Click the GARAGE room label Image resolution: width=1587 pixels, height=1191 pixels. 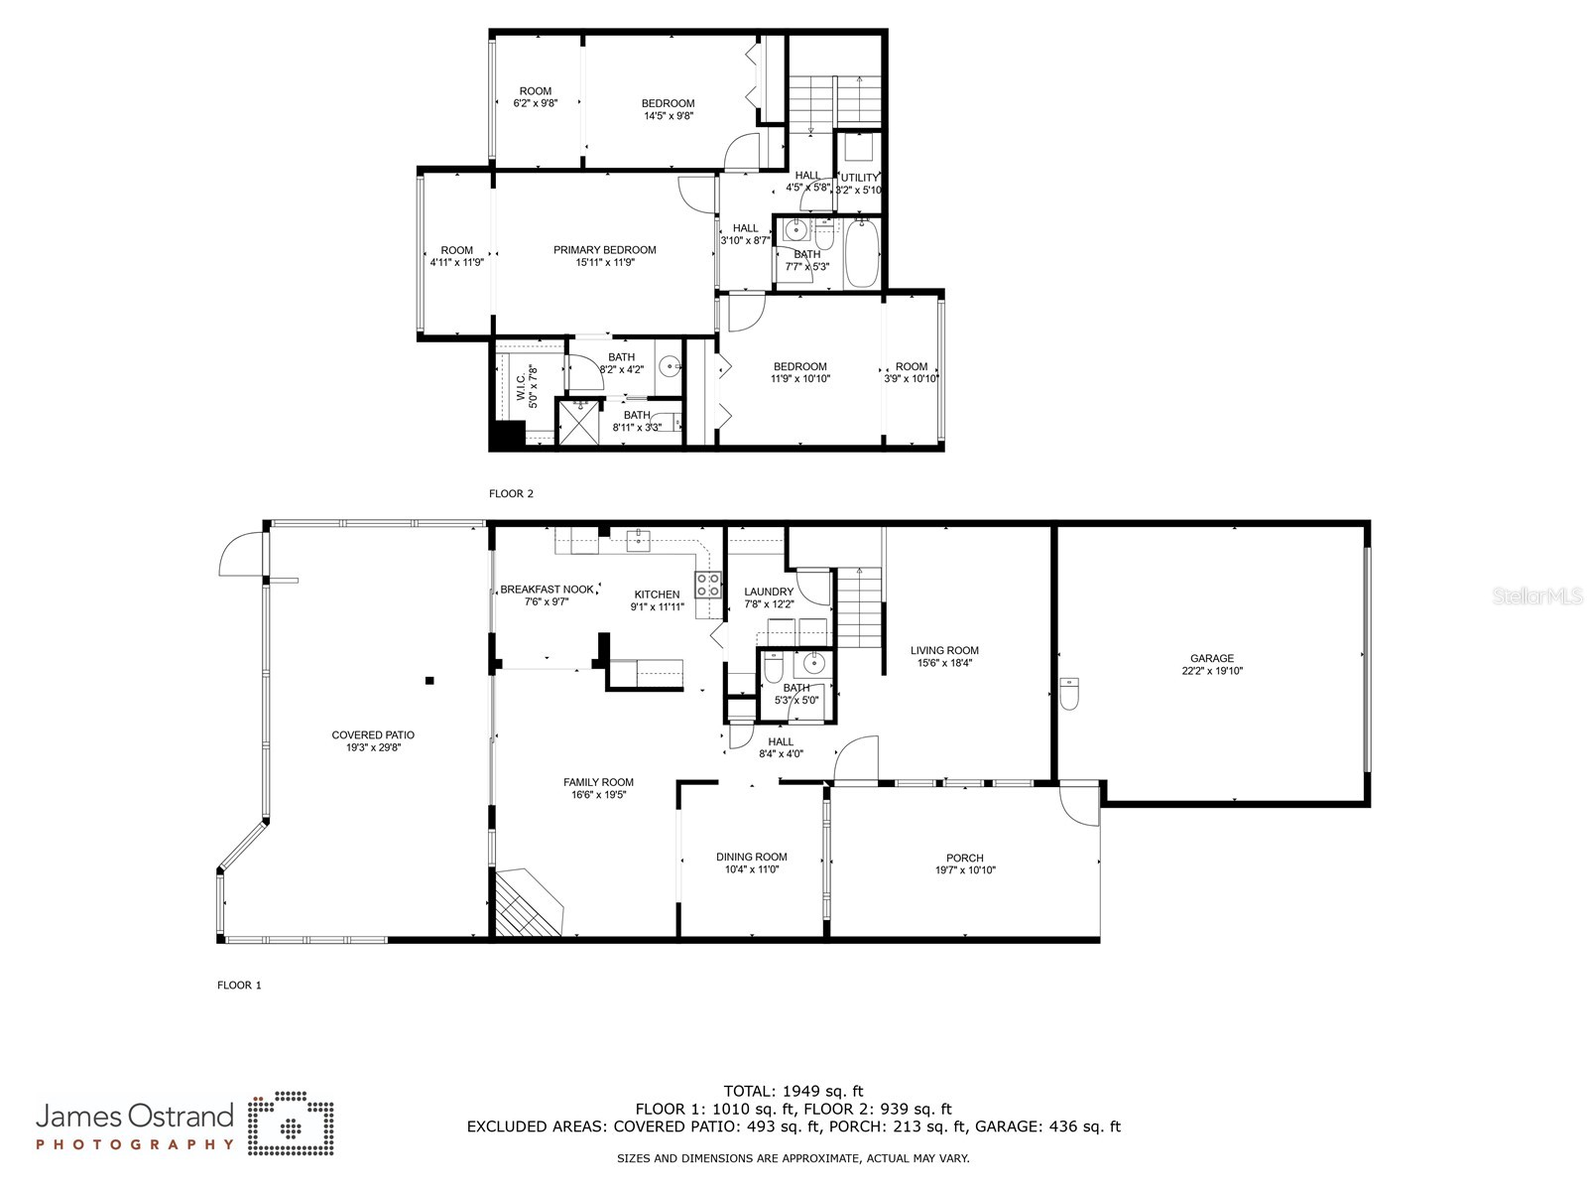[1211, 658]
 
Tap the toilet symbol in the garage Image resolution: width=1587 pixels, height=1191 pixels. [1068, 694]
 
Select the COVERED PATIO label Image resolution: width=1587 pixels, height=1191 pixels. [373, 735]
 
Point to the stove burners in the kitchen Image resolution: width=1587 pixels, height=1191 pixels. [708, 585]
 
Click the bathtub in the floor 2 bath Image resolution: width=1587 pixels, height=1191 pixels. [861, 254]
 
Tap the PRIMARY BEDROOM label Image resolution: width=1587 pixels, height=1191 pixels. [604, 250]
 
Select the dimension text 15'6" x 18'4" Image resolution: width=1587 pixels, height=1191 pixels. [943, 664]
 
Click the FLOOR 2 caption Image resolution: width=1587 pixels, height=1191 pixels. [511, 493]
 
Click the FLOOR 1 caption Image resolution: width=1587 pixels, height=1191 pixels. [239, 986]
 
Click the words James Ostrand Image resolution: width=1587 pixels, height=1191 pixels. [135, 1117]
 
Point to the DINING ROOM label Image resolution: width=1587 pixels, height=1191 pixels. [751, 857]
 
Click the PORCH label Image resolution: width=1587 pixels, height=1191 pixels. [964, 858]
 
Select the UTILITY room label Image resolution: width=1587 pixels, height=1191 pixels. [859, 179]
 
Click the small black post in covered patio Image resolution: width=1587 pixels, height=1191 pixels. [429, 680]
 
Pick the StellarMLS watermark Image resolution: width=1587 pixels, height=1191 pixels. [1537, 596]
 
